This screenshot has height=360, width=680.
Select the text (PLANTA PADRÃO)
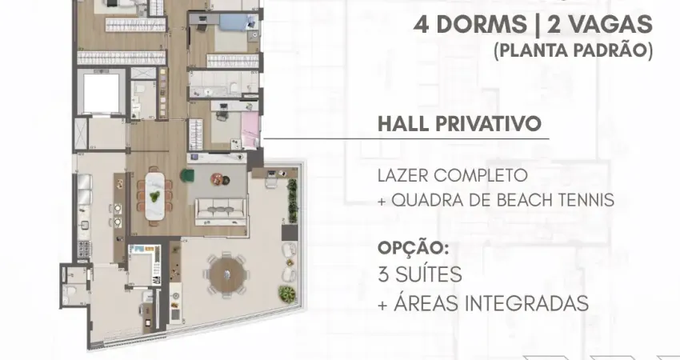click(573, 50)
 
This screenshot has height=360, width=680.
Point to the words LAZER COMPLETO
click(453, 174)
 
